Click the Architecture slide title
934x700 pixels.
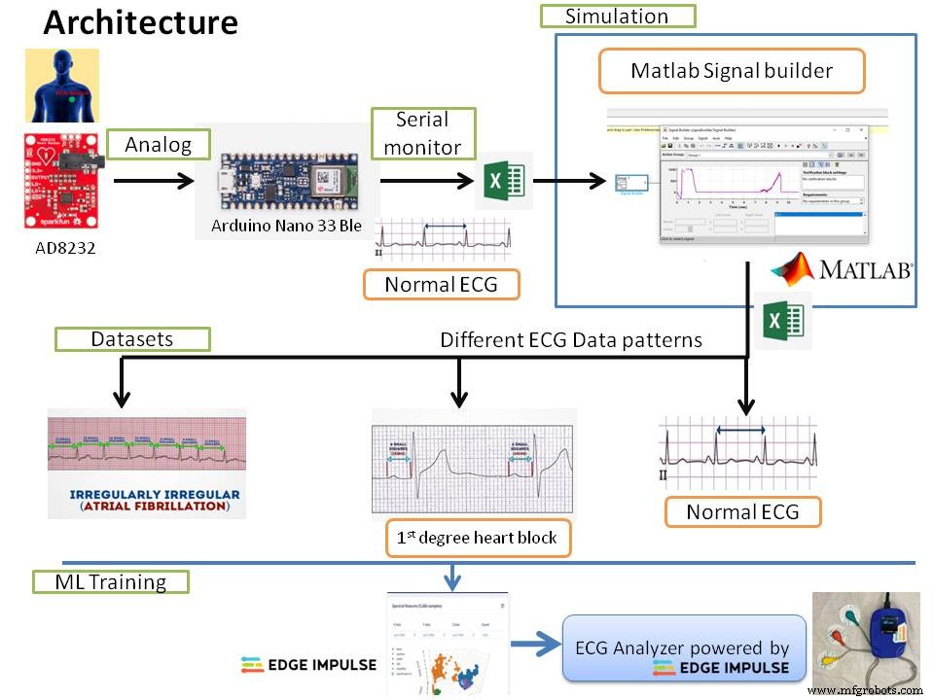(140, 21)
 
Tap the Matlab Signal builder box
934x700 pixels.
(732, 71)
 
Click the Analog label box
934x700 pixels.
(158, 145)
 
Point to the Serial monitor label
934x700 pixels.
(422, 132)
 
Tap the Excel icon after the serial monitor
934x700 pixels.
(504, 180)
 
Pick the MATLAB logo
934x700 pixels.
(842, 268)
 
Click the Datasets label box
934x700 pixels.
(132, 339)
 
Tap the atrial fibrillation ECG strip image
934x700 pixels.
(146, 462)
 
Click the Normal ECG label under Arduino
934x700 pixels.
(441, 285)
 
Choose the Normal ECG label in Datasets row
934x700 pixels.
(742, 511)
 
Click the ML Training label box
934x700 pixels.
(109, 582)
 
